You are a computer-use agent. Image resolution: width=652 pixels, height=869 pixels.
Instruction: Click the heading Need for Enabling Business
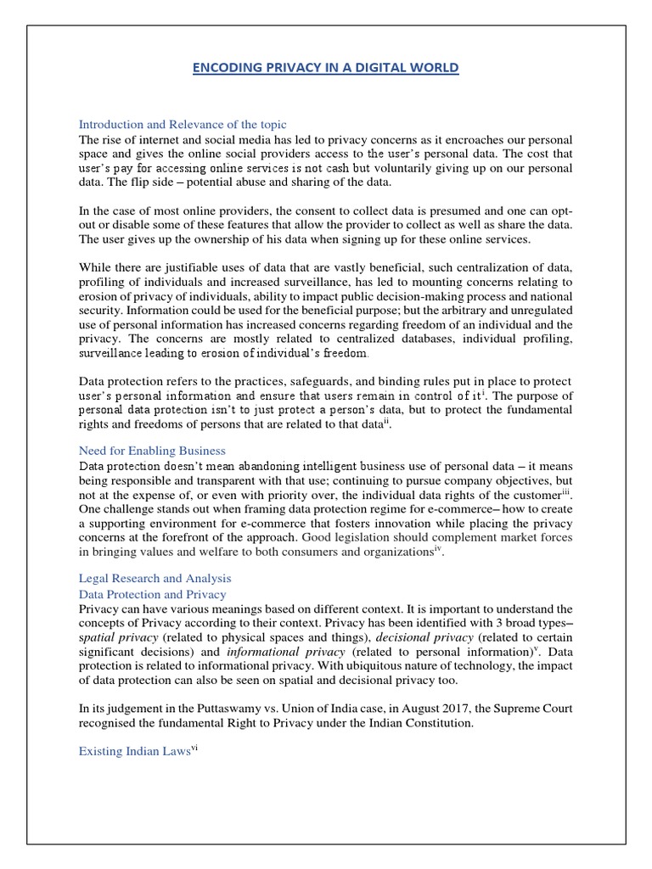click(152, 451)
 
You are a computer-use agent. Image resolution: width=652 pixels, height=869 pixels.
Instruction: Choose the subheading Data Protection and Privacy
click(152, 595)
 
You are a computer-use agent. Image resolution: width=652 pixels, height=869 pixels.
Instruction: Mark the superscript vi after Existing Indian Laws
click(194, 748)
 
